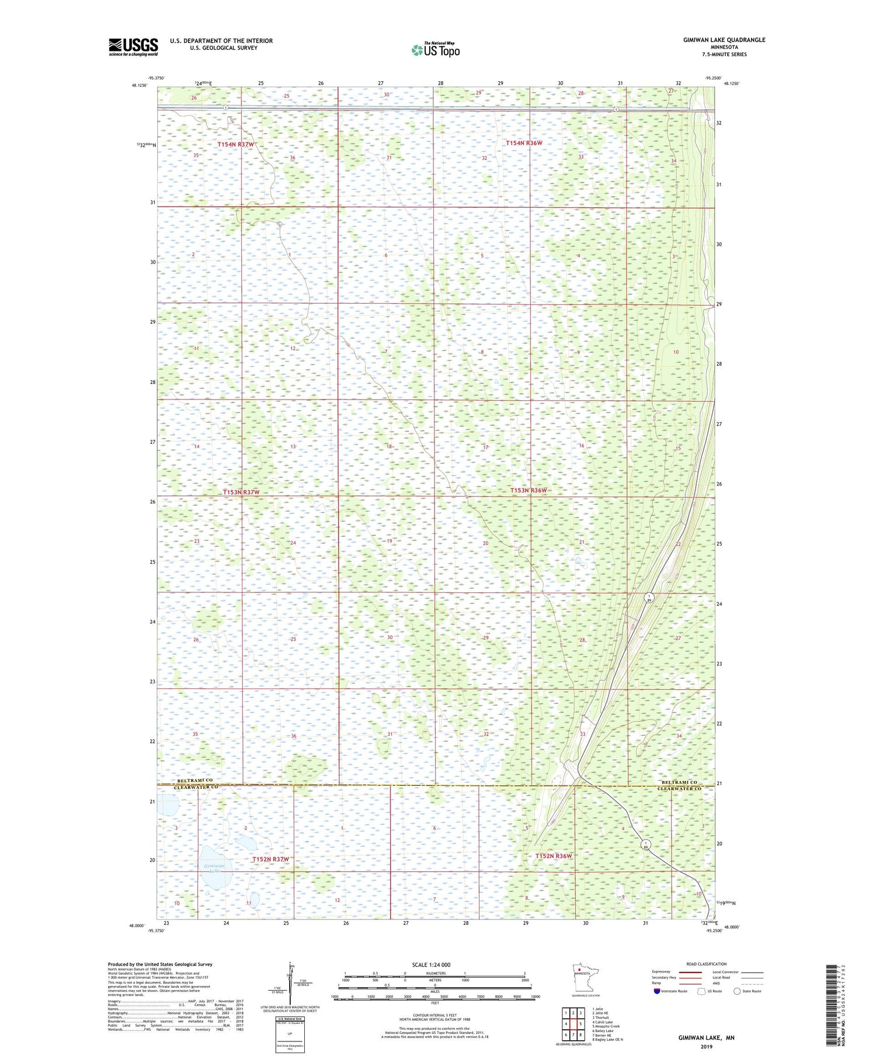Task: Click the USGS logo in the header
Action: (x=133, y=47)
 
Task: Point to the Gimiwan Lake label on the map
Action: (x=214, y=868)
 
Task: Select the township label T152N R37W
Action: (x=270, y=859)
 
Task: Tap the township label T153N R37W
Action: (x=241, y=492)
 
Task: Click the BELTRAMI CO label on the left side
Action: (x=195, y=781)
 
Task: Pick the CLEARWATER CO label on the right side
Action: (x=679, y=789)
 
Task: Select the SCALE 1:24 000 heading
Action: (x=431, y=964)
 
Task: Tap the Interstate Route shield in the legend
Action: (x=656, y=991)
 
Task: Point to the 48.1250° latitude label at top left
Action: (x=140, y=85)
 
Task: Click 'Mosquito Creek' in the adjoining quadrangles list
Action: (x=606, y=1026)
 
